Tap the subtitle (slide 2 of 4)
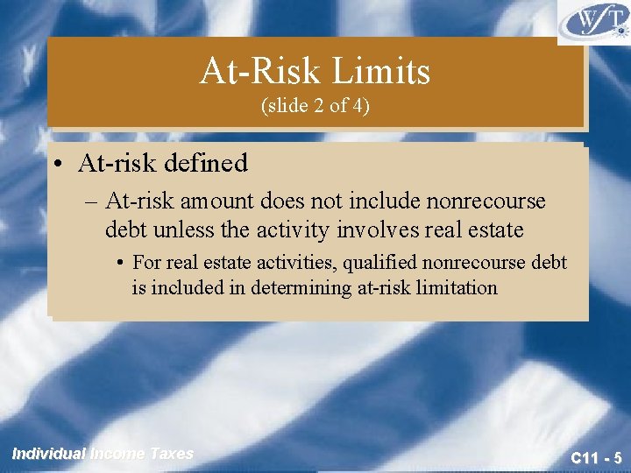coord(315,106)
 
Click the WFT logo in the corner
coord(592,22)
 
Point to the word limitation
coord(451,286)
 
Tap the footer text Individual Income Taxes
coord(103,453)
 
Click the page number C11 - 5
coord(595,457)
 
